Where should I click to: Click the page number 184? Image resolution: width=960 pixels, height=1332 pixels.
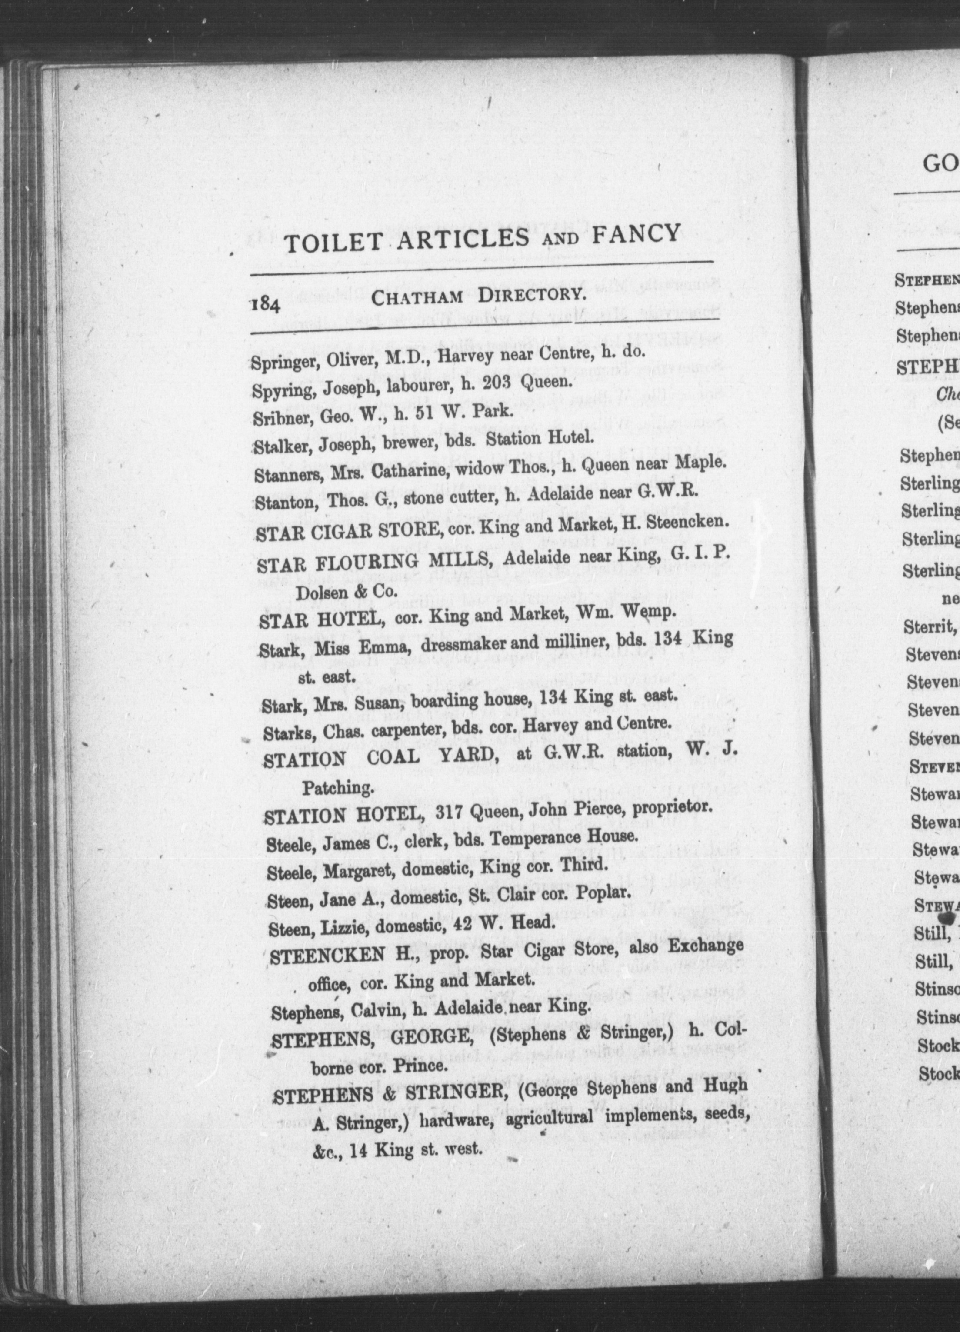click(267, 306)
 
